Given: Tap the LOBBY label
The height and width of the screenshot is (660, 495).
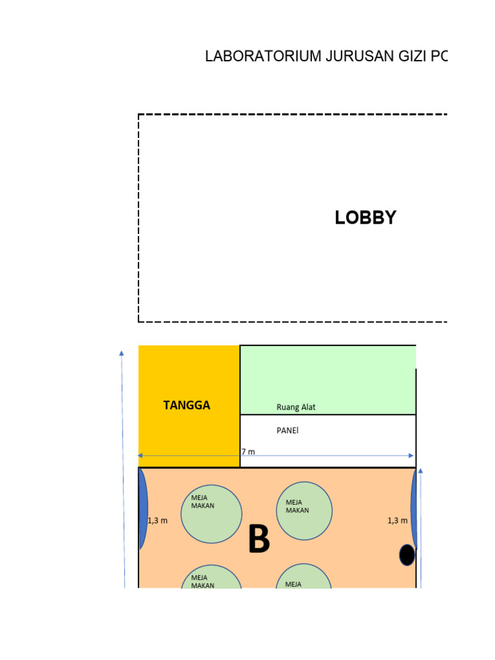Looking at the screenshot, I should click(365, 218).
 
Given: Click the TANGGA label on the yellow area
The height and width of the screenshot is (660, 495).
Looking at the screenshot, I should click(187, 405).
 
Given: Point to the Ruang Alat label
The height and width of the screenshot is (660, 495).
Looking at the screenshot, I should click(296, 407).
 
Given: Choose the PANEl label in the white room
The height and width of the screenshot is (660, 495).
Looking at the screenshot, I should click(287, 431).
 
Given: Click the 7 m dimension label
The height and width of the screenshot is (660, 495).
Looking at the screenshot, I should click(248, 452).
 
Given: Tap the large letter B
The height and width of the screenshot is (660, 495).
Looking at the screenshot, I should click(258, 539).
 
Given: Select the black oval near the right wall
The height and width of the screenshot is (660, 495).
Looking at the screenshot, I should click(407, 554).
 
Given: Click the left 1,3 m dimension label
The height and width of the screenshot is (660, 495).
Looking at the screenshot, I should click(157, 521).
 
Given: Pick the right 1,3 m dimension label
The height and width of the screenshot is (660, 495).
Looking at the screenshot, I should click(397, 521).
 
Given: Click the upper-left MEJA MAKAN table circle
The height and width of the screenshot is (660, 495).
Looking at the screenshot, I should click(211, 514).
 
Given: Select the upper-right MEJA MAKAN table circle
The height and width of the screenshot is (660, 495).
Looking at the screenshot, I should click(304, 510).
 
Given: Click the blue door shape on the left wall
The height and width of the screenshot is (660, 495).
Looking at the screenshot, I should click(143, 509).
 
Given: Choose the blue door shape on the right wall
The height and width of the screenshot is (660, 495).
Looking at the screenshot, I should click(414, 509).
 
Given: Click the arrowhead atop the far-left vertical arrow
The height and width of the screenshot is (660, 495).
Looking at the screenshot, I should click(121, 353).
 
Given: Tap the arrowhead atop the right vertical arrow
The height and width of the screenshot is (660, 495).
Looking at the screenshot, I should click(421, 471).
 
